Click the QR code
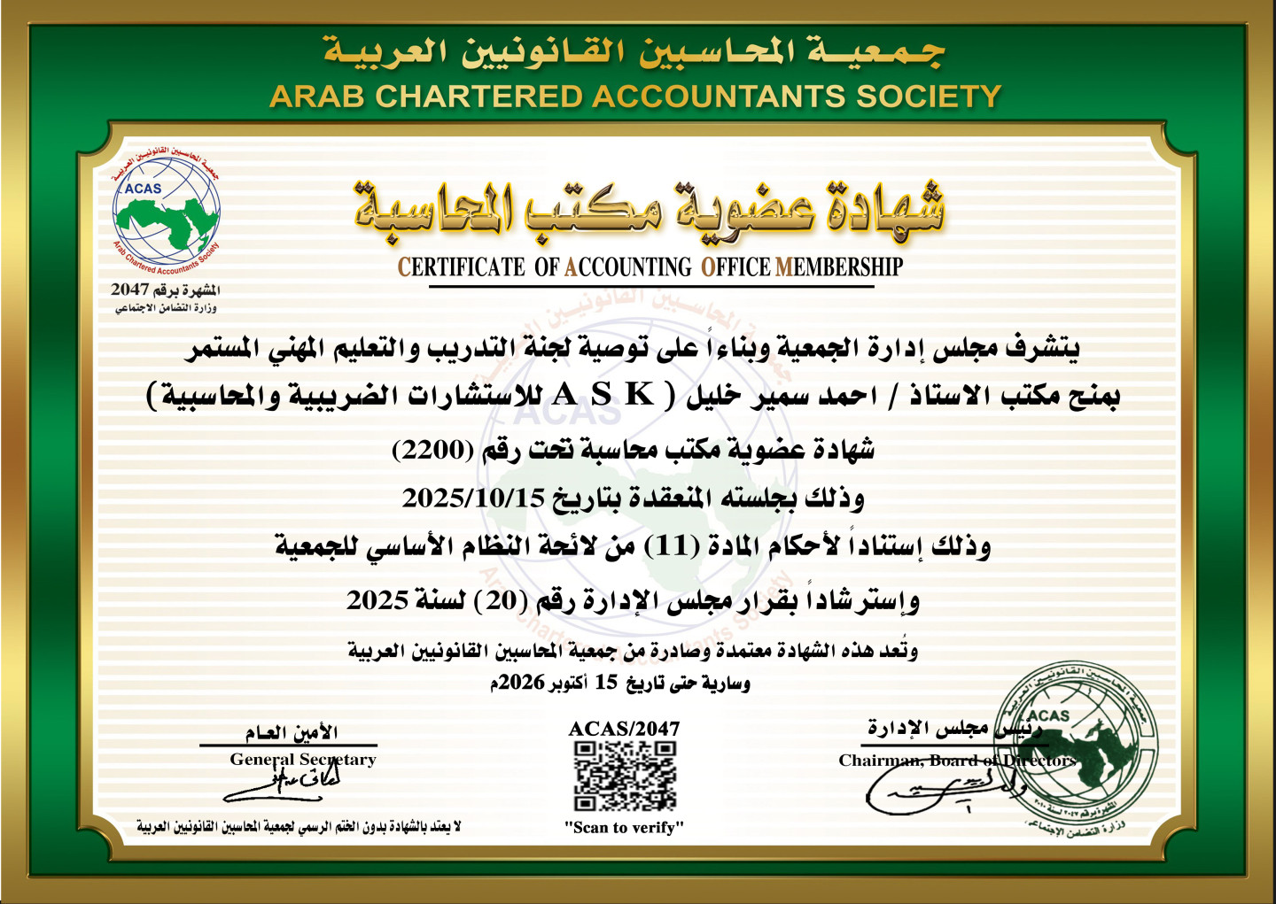[625, 777]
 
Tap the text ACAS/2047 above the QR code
[624, 729]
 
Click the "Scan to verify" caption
[625, 828]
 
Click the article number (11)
[671, 546]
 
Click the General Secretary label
[303, 760]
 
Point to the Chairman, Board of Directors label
[957, 761]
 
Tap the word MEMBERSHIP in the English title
[839, 267]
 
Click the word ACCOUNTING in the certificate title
[628, 267]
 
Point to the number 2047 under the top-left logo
[129, 290]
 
